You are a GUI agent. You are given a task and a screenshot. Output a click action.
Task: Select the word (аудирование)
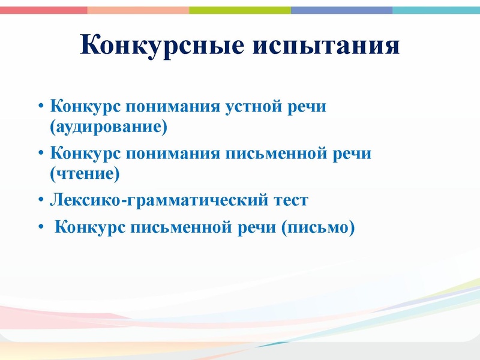(109, 127)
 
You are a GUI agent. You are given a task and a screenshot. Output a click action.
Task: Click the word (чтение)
(86, 174)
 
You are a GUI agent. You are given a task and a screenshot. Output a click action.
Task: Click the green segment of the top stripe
(240, 10)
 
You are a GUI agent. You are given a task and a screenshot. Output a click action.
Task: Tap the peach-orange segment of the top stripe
(138, 10)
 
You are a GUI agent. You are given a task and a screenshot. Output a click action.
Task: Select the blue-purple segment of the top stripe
(342, 10)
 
